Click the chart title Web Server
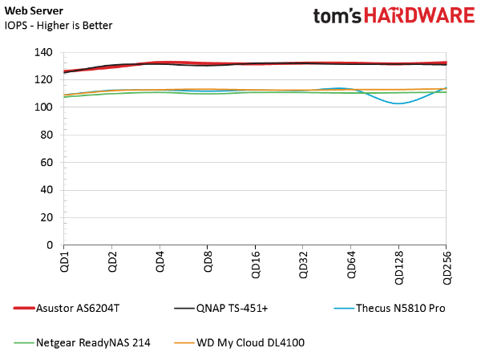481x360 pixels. pos(34,10)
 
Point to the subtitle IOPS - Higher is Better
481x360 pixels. pos(59,26)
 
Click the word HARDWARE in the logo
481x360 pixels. pos(419,15)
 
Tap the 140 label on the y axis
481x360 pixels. pos(43,52)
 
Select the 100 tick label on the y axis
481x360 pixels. pos(43,107)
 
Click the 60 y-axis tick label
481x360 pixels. pos(46,162)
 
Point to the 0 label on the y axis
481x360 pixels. pos(50,245)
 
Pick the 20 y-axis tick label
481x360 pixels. pos(46,217)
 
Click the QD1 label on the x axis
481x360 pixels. pos(64,261)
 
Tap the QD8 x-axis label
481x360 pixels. pos(208,261)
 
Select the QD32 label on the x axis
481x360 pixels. pos(303,265)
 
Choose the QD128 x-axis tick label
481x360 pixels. pos(399,268)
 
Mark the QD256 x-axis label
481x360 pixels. pos(447,268)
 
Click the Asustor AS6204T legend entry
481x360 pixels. pos(67,308)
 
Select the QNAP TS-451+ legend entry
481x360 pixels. pos(221,308)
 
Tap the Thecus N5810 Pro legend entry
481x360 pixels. pos(390,308)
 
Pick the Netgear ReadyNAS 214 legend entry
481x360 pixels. pos(82,342)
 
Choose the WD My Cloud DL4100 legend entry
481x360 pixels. pos(239,342)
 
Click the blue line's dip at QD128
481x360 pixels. pos(398,103)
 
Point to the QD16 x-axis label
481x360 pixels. pos(256,265)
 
